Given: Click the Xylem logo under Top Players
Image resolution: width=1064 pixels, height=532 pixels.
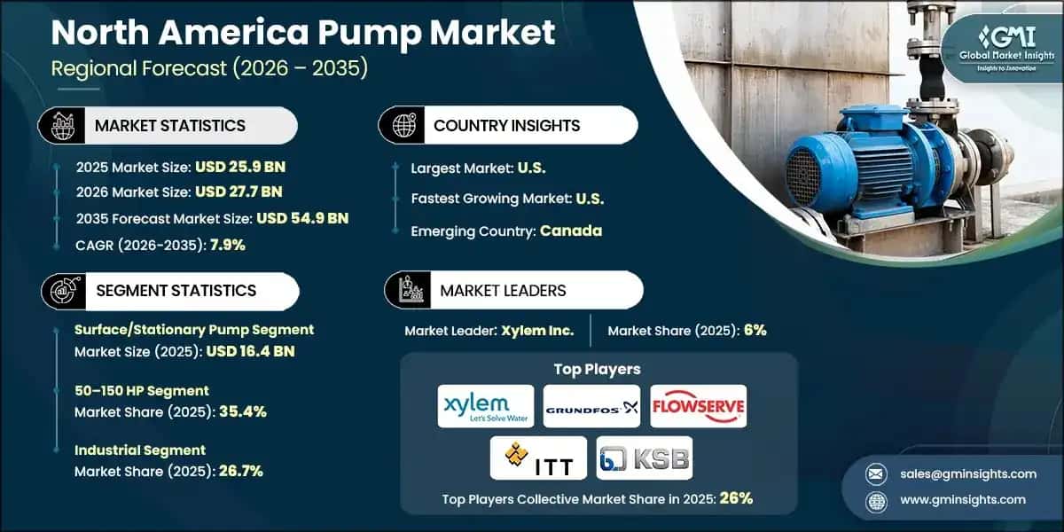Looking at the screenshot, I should pos(486,406).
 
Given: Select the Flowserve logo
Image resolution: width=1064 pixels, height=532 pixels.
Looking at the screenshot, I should pos(699,406).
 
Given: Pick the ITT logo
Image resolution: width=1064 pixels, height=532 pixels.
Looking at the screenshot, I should pos(538,458).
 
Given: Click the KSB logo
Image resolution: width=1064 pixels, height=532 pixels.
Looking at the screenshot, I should pos(645,458).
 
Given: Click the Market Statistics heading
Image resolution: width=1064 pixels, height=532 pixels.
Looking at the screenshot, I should pos(169,125).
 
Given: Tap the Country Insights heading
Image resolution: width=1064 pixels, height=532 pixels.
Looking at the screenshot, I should pos(506,125).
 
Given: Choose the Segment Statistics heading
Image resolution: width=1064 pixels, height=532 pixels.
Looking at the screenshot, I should pos(176,290).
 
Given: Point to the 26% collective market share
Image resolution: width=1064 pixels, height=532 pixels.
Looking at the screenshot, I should pos(736,498).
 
